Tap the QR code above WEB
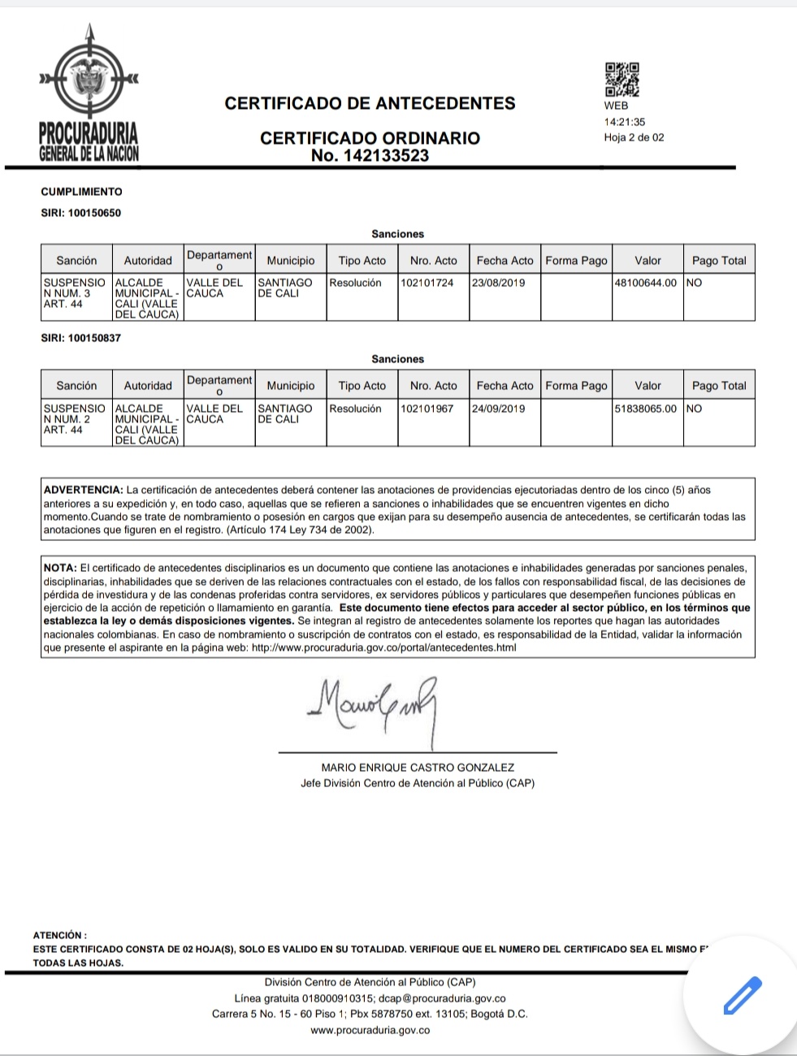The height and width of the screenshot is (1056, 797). point(622,80)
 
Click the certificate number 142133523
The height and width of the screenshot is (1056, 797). point(370,156)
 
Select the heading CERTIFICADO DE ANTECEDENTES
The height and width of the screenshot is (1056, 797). point(370,103)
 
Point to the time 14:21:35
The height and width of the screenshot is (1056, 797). point(624,122)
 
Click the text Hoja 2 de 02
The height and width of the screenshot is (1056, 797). point(634,137)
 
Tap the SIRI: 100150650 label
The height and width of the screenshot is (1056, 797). point(80,213)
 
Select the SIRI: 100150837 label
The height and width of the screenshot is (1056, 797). point(80,338)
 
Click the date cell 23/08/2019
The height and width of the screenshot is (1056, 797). point(499,283)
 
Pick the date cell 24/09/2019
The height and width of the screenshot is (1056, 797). point(499,409)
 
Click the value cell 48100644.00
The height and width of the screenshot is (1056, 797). point(646,283)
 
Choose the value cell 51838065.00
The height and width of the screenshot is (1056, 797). point(646,409)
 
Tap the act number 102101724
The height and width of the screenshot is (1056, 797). point(427,283)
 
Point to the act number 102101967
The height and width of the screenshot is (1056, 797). point(427,409)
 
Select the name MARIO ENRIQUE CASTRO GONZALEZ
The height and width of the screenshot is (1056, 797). point(418,767)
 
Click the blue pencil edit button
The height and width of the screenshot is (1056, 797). point(743,995)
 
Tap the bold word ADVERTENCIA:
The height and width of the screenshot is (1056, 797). point(83,490)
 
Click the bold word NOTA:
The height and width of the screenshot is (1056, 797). point(59,568)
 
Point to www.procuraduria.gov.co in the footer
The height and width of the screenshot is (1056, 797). point(370,1030)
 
